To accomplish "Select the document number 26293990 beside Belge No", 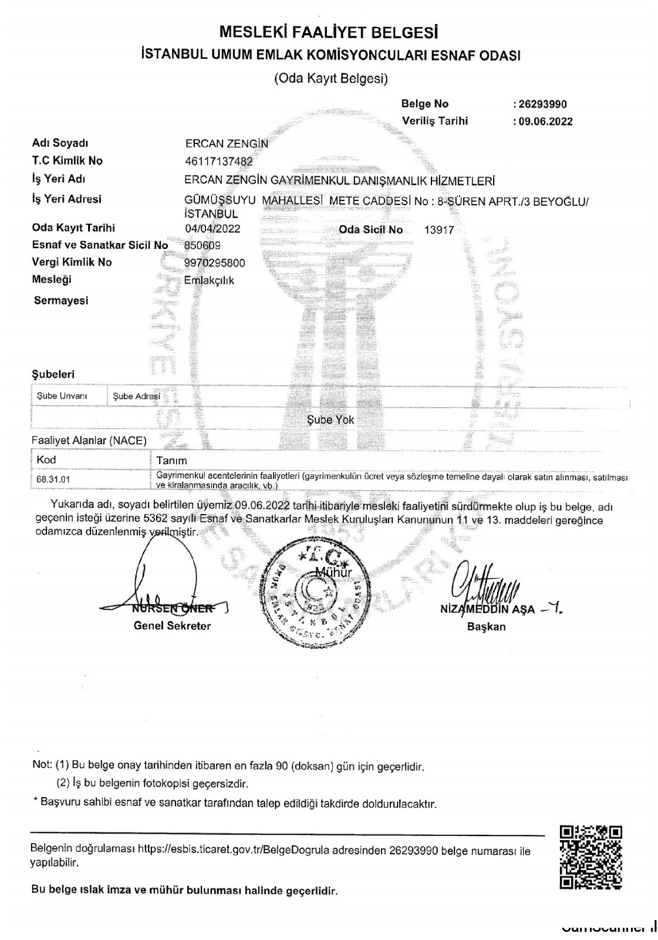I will tap(541, 105).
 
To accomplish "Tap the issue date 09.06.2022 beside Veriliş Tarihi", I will tap(544, 122).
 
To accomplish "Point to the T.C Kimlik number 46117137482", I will tap(219, 162).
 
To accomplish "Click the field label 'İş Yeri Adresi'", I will tap(66, 199).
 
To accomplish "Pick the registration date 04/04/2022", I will tap(212, 229).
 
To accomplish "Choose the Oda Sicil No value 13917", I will tap(439, 230).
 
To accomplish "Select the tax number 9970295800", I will tap(215, 263).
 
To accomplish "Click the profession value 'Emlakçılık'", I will tap(209, 281).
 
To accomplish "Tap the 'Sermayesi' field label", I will tap(61, 301).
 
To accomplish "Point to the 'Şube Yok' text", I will tap(330, 420).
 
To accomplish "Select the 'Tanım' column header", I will tap(171, 461).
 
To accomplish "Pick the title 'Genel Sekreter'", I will tap(172, 626).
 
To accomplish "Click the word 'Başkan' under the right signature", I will tap(486, 627).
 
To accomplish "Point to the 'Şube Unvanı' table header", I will tap(62, 396).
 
